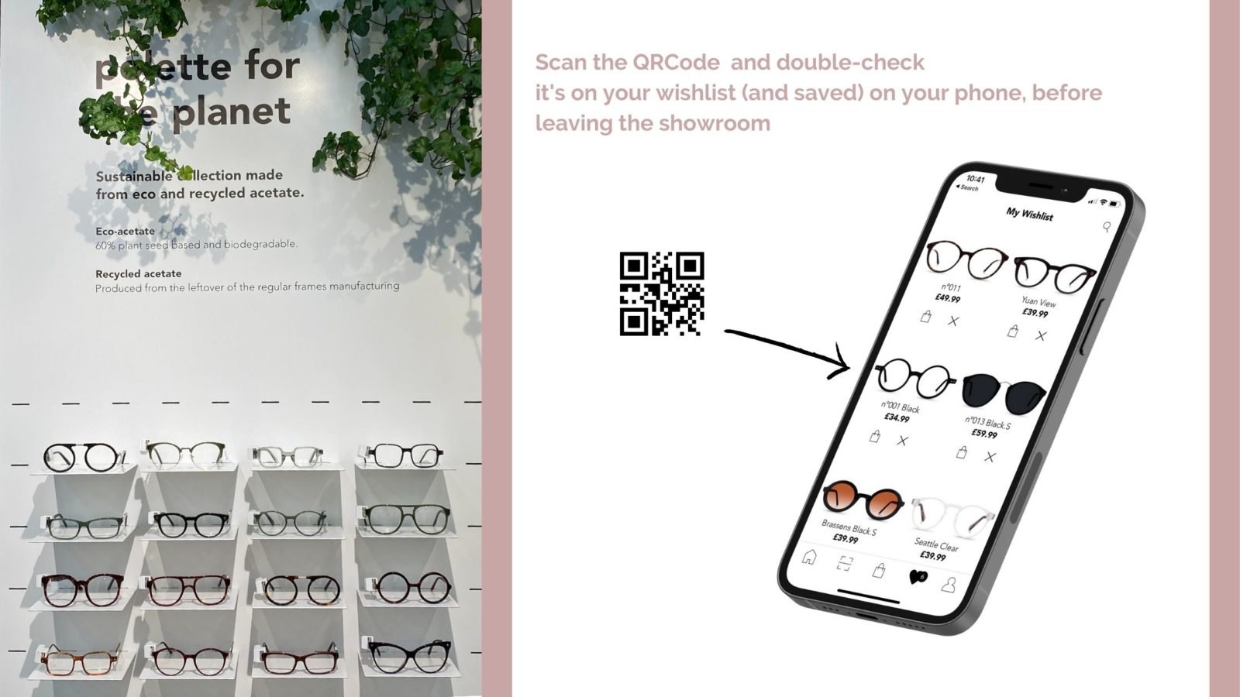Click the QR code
[661, 294]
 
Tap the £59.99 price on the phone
[984, 434]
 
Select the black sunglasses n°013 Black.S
[1004, 392]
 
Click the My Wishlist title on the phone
[1029, 215]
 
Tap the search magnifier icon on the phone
[1107, 227]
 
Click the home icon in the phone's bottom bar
[809, 557]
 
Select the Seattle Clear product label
[936, 544]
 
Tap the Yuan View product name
[1038, 302]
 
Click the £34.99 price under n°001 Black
[897, 418]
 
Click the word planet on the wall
[231, 113]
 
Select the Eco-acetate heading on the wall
[125, 231]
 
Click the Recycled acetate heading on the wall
[138, 273]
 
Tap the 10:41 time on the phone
[975, 179]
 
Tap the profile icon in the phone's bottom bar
[949, 585]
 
